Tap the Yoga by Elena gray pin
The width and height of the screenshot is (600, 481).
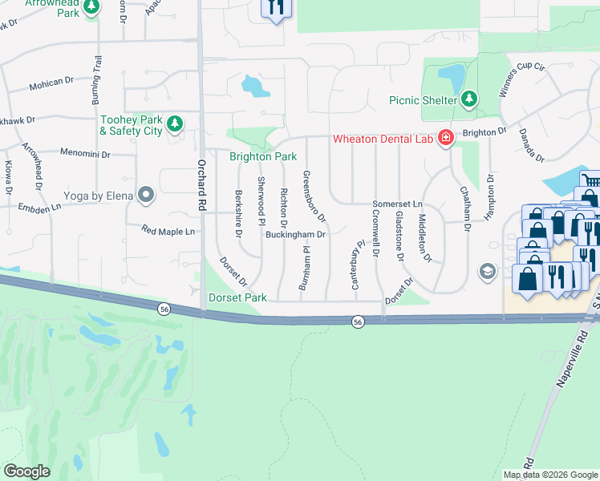146,194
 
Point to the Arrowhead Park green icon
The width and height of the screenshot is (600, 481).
92,7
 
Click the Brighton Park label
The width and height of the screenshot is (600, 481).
263,157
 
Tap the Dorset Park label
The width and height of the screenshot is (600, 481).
237,297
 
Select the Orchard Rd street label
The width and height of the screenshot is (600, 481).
201,184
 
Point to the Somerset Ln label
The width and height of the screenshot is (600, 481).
398,205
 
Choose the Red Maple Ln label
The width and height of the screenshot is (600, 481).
168,232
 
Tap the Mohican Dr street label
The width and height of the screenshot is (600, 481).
51,82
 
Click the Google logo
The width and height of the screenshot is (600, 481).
26,471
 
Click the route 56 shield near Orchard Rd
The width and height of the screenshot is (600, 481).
164,309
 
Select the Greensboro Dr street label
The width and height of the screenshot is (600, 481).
314,196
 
